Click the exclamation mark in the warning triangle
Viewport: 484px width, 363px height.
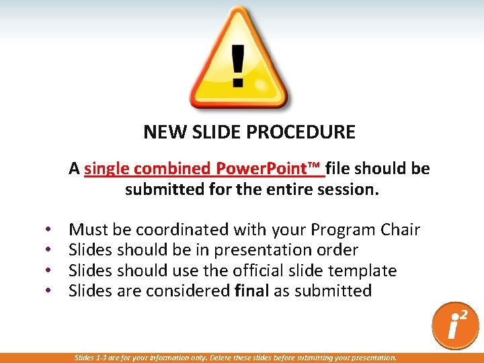point(238,66)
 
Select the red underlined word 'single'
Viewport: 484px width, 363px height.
point(107,169)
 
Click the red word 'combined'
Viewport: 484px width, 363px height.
point(170,169)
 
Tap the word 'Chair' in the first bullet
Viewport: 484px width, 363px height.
point(399,230)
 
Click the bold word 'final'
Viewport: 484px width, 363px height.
point(252,291)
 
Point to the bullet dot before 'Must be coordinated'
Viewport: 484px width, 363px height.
point(49,230)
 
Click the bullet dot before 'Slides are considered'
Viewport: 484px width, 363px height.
point(49,291)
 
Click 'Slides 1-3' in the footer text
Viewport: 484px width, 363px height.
point(90,358)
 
